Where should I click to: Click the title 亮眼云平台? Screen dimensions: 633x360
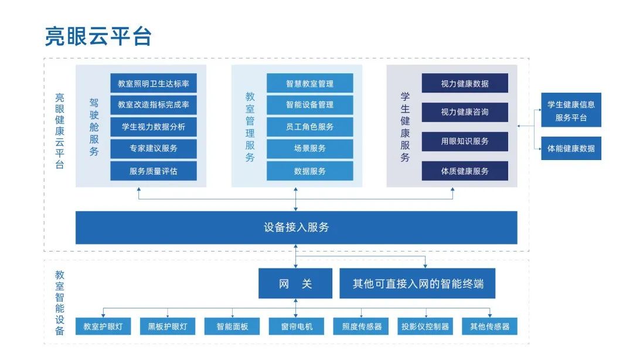[x=98, y=36]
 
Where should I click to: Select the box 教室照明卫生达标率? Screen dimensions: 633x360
[x=154, y=83]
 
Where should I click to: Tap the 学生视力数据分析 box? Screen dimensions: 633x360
[x=154, y=127]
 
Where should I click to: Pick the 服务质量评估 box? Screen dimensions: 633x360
[x=154, y=171]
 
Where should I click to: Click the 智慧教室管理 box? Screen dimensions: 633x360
[x=309, y=83]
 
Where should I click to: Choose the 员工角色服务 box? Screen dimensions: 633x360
[x=309, y=127]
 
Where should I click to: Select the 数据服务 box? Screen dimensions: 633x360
[x=309, y=171]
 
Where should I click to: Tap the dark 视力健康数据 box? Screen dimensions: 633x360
[x=465, y=83]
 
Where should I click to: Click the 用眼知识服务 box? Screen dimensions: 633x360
[x=465, y=141]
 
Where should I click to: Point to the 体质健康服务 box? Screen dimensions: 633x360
[x=465, y=171]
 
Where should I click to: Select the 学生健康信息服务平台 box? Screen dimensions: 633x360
[x=571, y=110]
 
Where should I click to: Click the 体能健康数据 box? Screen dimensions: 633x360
[x=571, y=148]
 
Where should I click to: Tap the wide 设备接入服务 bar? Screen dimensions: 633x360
[x=297, y=227]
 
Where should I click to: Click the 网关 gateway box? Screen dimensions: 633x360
[x=295, y=284]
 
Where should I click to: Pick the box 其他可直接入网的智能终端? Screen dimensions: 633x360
[x=417, y=284]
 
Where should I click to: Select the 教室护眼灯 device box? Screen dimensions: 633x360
[x=103, y=327]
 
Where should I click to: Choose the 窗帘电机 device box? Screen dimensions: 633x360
[x=297, y=327]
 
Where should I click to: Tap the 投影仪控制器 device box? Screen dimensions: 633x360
[x=425, y=327]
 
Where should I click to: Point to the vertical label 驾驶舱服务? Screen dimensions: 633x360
[x=94, y=127]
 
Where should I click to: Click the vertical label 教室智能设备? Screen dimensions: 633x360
[x=60, y=303]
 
